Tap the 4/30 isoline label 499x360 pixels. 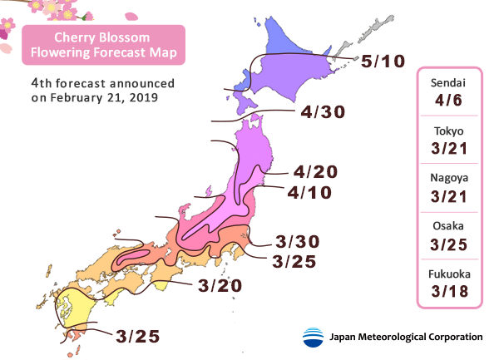click(x=323, y=111)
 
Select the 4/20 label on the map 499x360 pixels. click(x=314, y=172)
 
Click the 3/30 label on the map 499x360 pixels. click(x=296, y=243)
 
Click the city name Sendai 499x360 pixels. click(x=447, y=85)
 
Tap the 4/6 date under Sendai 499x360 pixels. click(x=447, y=102)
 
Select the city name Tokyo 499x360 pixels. click(x=447, y=131)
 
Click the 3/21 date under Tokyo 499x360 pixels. click(x=447, y=149)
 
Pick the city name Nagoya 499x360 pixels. click(x=447, y=179)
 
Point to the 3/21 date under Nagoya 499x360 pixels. click(x=447, y=196)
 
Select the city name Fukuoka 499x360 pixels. click(x=447, y=273)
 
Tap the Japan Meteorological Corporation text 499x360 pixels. click(x=406, y=337)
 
